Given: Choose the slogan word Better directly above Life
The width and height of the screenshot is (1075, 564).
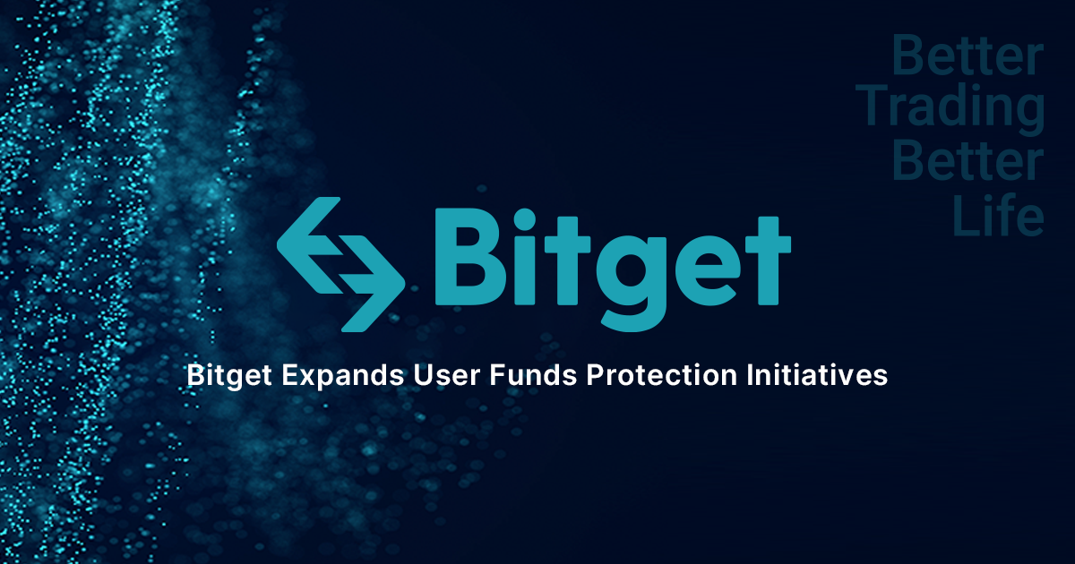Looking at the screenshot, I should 968,164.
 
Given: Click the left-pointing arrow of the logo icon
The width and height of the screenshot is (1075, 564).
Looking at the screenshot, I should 309,236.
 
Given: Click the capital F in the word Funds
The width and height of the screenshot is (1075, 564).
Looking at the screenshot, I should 495,376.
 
